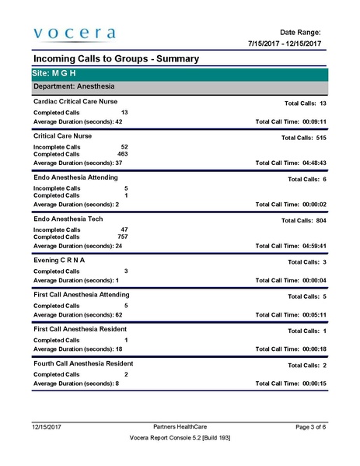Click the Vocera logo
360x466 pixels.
coord(74,33)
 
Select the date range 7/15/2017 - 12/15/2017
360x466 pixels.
coord(285,44)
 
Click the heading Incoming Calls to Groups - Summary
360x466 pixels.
coord(116,59)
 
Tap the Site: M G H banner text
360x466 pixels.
coord(54,73)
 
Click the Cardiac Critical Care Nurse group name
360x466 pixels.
coord(75,102)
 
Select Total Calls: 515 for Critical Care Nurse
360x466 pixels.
coord(303,137)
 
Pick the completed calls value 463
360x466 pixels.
coord(122,154)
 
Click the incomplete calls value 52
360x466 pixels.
coord(124,146)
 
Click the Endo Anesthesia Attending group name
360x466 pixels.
coord(75,177)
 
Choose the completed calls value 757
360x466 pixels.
coord(122,237)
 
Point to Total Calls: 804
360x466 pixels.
coord(303,221)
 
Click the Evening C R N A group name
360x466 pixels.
coord(60,260)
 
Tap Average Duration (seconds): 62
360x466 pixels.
coord(78,315)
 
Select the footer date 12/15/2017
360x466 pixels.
coord(47,427)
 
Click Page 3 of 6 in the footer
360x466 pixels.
coord(311,427)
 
